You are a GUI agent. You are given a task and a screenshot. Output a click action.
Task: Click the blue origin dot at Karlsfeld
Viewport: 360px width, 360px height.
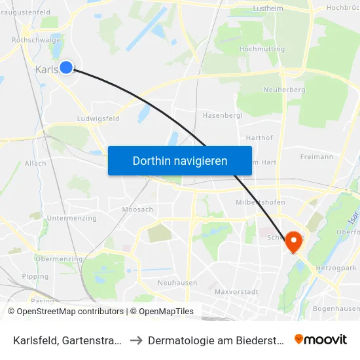click(x=66, y=67)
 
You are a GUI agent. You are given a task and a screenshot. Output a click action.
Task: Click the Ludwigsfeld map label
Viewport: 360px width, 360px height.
click(x=98, y=119)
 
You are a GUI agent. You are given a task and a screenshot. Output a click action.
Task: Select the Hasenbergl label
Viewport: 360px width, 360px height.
click(x=223, y=115)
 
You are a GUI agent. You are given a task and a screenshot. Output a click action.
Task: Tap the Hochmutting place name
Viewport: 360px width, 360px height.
click(x=262, y=49)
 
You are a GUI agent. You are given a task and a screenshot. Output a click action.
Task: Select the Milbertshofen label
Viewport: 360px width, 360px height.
click(x=260, y=202)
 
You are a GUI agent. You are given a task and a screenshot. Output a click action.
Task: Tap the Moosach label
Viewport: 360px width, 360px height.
click(x=137, y=209)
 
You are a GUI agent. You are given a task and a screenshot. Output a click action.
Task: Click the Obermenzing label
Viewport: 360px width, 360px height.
click(x=58, y=259)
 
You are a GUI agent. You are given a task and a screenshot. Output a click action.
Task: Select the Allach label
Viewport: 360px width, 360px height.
click(x=35, y=164)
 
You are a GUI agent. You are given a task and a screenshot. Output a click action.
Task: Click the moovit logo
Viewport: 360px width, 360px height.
click(x=320, y=340)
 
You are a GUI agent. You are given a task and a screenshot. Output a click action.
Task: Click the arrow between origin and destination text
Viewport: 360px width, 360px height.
click(x=134, y=340)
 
